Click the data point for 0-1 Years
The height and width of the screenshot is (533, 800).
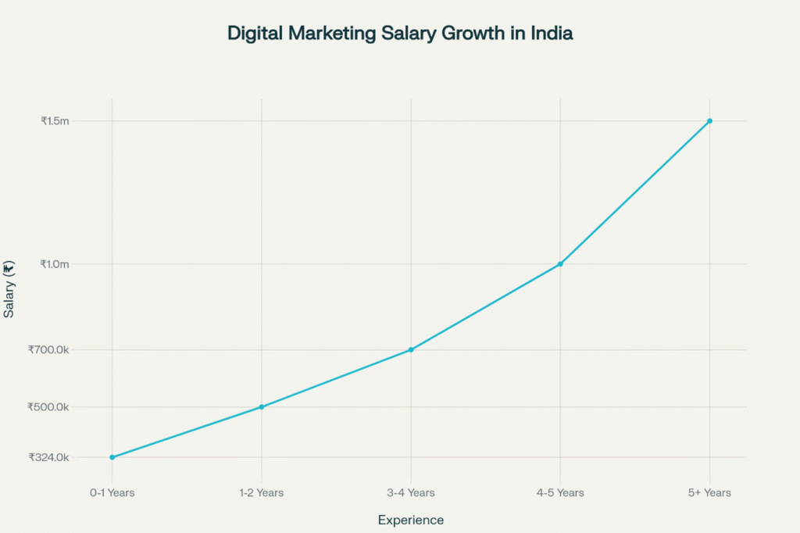point(112,457)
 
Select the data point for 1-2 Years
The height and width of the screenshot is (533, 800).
point(262,407)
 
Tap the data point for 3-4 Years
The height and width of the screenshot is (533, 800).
point(411,349)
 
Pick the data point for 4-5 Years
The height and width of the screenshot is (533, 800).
point(560,264)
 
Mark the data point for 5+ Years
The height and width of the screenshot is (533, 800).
point(709,121)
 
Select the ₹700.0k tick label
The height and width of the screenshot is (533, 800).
point(48,349)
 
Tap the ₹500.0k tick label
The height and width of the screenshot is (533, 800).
point(48,407)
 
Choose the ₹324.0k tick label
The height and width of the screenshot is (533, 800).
point(48,457)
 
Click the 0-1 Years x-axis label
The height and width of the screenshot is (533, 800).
point(112,492)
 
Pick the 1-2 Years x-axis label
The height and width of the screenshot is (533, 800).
point(262,492)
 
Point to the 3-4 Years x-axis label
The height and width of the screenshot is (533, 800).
point(411,492)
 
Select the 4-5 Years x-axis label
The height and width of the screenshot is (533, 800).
point(560,492)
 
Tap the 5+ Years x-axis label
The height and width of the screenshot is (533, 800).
point(709,492)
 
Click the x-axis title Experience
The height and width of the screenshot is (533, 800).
point(411,520)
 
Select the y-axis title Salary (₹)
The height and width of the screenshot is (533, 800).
point(9,289)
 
